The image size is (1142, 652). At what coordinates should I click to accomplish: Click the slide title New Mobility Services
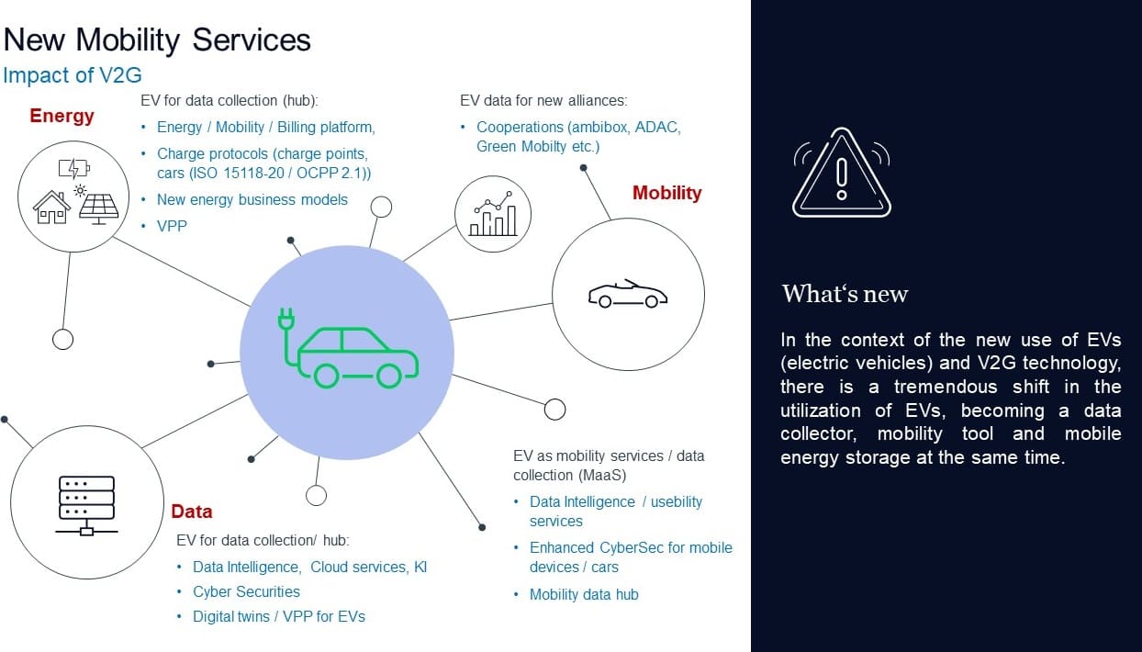tap(158, 40)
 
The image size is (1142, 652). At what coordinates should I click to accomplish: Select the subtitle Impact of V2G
tap(73, 75)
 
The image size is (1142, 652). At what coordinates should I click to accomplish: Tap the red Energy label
tap(62, 116)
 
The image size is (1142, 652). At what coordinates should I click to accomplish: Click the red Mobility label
tap(666, 193)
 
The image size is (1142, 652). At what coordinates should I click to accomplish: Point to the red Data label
tap(191, 511)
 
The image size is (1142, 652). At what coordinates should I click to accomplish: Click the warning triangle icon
tap(841, 173)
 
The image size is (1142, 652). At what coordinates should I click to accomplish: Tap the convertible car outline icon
tap(628, 294)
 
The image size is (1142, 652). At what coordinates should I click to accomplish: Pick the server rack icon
tap(86, 504)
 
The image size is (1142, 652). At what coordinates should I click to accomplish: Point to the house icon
tap(51, 208)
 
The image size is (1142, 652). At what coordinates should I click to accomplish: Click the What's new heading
tap(845, 294)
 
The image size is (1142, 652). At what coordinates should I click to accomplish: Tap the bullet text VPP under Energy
tap(172, 225)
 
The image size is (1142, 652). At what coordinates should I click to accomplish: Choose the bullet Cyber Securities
tap(246, 591)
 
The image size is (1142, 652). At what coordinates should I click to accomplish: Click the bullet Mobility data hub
tap(584, 594)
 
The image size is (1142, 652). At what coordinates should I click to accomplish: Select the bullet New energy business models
tap(252, 199)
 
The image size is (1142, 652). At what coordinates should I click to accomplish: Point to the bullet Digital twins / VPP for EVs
tap(279, 616)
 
